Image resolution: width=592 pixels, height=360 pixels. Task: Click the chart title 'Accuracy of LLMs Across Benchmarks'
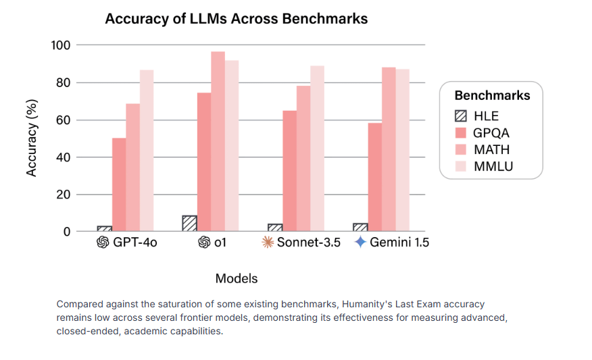pyautogui.click(x=236, y=19)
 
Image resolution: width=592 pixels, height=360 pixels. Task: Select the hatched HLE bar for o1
pyautogui.click(x=189, y=224)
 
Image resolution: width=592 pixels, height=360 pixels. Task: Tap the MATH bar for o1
pyautogui.click(x=218, y=142)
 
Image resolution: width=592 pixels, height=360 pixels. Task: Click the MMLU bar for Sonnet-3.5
pyautogui.click(x=317, y=149)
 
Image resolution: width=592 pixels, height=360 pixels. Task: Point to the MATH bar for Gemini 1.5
pyautogui.click(x=389, y=149)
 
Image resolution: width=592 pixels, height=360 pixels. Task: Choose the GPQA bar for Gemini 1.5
pyautogui.click(x=374, y=177)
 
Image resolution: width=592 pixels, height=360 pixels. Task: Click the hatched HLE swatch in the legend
pyautogui.click(x=461, y=116)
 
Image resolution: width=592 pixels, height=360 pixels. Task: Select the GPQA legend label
pyautogui.click(x=491, y=133)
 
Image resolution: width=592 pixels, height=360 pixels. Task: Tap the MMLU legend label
pyautogui.click(x=493, y=166)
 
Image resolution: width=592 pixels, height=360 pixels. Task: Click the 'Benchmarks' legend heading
pyautogui.click(x=492, y=95)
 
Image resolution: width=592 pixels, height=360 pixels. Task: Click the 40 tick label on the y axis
pyautogui.click(x=64, y=157)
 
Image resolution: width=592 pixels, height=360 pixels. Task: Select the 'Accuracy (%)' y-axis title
pyautogui.click(x=32, y=138)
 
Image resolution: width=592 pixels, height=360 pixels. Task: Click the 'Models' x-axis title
pyautogui.click(x=236, y=278)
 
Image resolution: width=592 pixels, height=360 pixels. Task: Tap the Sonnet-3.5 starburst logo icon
pyautogui.click(x=268, y=242)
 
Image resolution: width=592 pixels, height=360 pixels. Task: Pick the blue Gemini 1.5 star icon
pyautogui.click(x=361, y=242)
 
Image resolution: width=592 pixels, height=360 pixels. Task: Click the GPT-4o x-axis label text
pyautogui.click(x=134, y=242)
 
